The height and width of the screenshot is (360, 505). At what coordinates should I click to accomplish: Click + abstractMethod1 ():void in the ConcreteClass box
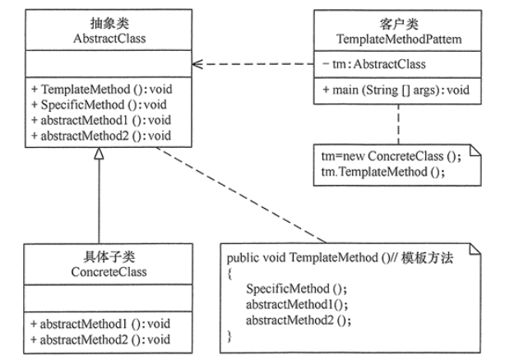pos(99,324)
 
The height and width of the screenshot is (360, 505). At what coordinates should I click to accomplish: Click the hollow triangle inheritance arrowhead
pos(99,157)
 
